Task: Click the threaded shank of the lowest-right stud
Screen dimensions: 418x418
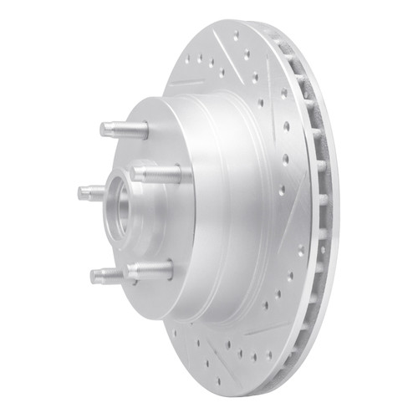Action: pos(153,270)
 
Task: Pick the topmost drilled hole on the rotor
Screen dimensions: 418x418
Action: pos(237,36)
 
